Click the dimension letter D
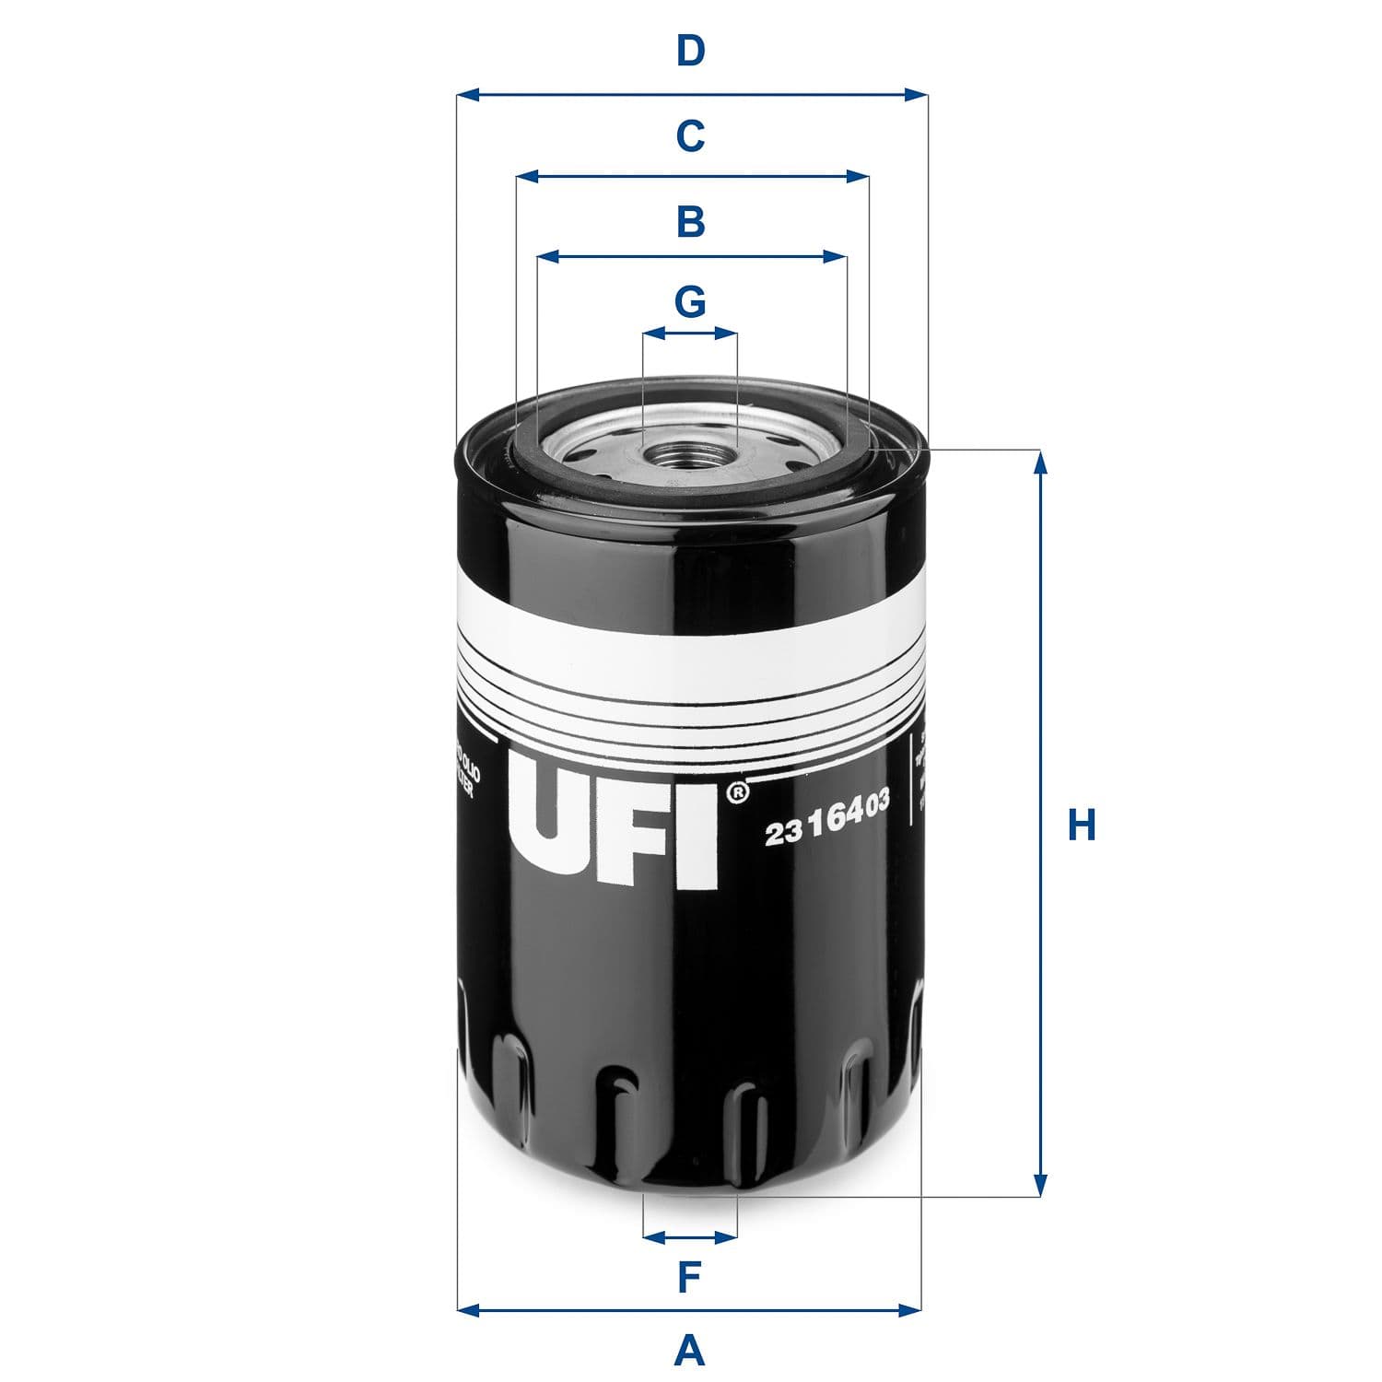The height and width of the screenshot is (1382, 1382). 690,52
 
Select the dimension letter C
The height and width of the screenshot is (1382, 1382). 690,136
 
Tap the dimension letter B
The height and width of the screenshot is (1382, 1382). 690,222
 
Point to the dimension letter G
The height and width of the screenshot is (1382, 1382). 690,301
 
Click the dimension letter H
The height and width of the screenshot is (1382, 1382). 1081,825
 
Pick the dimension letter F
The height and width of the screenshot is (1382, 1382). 690,1277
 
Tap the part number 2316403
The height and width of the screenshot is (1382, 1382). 826,819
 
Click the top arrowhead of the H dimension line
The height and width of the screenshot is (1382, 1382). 1041,461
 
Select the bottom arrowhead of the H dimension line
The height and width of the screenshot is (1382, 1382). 1041,1186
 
